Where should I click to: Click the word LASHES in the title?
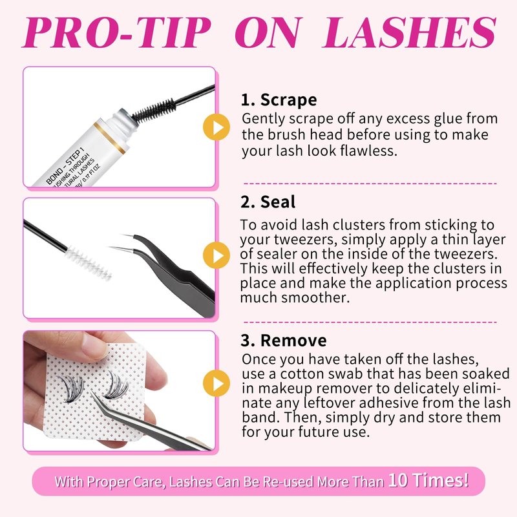tap(409, 32)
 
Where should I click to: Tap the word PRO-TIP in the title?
tap(116, 32)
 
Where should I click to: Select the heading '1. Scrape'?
tap(279, 100)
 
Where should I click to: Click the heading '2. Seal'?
tap(268, 202)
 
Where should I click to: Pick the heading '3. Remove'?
tap(284, 341)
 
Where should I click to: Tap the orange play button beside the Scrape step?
tap(216, 127)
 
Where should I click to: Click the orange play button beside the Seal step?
tap(216, 255)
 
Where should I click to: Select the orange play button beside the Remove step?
tap(216, 383)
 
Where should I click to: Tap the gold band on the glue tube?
tap(109, 138)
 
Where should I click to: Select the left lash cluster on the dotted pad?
tap(70, 388)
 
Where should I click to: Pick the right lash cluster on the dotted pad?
tap(116, 385)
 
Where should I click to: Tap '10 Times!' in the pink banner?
tap(428, 480)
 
